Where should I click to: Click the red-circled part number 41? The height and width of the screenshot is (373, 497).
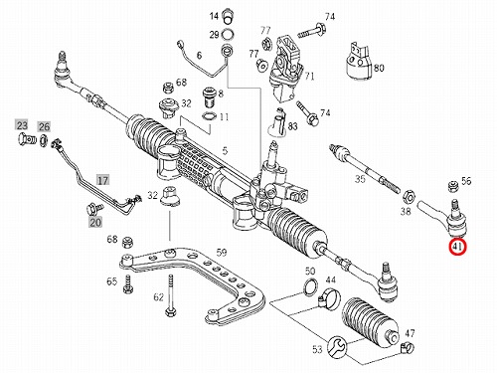click(x=457, y=247)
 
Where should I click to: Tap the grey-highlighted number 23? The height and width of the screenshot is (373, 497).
click(x=22, y=125)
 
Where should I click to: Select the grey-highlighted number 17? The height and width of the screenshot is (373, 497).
click(x=102, y=180)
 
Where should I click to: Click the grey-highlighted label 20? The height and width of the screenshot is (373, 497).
click(x=95, y=222)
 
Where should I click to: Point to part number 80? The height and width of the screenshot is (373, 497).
click(x=379, y=68)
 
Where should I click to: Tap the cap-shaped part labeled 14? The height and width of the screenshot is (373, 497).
click(x=228, y=17)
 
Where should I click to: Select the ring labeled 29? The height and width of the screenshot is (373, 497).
click(x=228, y=34)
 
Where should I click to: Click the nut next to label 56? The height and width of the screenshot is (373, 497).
click(x=452, y=186)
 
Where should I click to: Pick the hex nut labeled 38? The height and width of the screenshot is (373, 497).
click(x=409, y=197)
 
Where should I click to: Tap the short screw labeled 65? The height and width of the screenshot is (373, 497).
click(x=128, y=284)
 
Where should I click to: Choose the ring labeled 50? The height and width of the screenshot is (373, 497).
click(x=310, y=285)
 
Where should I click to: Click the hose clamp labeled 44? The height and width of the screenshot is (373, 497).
click(x=329, y=296)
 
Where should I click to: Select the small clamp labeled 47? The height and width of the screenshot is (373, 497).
click(x=407, y=348)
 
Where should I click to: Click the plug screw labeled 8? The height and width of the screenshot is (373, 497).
click(x=209, y=96)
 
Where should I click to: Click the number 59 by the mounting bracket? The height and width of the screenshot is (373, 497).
click(x=221, y=253)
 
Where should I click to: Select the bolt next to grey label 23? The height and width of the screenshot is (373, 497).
click(x=26, y=139)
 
